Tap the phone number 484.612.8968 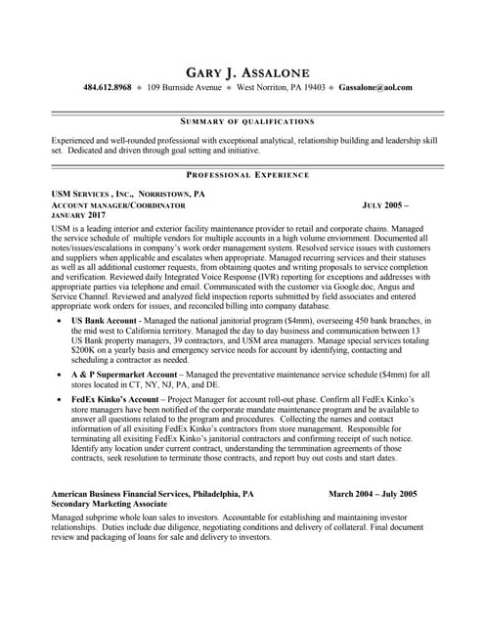click(x=108, y=87)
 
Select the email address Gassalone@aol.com click(x=375, y=87)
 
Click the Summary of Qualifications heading click(x=247, y=121)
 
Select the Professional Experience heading click(x=247, y=174)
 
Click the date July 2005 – click(x=384, y=206)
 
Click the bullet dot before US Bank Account click(x=61, y=320)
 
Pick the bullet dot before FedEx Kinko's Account click(x=61, y=401)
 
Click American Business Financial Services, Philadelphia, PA click(x=152, y=494)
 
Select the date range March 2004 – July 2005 click(x=373, y=494)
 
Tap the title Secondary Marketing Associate click(x=112, y=505)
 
